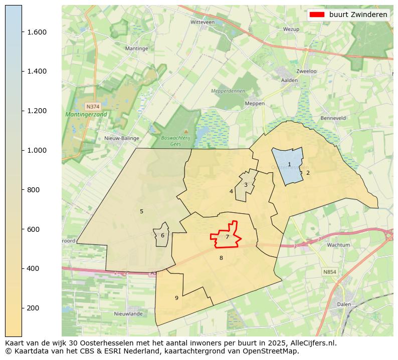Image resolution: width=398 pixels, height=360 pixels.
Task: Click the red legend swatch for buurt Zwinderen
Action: pos(317,15)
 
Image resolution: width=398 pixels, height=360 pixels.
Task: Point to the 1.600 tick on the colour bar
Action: pos(22,32)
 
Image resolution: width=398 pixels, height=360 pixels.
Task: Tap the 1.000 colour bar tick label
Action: pos(37,150)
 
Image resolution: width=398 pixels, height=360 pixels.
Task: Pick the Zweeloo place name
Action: pos(306,71)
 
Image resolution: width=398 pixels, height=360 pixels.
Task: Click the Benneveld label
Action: pos(333,118)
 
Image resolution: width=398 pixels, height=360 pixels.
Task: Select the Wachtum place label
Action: pos(338,245)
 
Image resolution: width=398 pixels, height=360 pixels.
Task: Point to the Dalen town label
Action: pos(344,304)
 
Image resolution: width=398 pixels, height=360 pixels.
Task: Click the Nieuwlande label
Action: pos(128,314)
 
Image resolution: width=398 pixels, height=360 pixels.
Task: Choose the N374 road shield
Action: pos(93,107)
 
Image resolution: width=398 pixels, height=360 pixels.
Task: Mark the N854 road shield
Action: pos(329,271)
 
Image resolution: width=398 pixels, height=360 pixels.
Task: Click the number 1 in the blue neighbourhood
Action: pos(289,164)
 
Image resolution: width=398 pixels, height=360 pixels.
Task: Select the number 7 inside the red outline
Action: pos(227,237)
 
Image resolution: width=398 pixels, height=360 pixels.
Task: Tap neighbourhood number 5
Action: pos(141,211)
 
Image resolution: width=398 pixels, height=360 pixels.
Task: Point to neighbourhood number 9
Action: pos(176,298)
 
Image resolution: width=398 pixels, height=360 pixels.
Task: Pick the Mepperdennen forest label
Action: pos(228,91)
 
